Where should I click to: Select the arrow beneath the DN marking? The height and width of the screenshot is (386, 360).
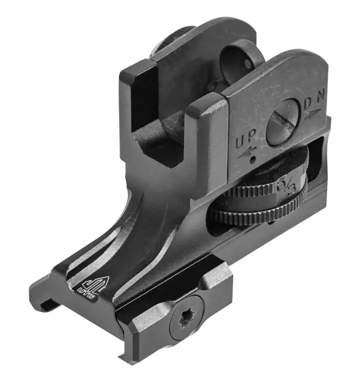coord(315,116)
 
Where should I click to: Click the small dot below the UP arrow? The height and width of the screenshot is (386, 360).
coord(252,160)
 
